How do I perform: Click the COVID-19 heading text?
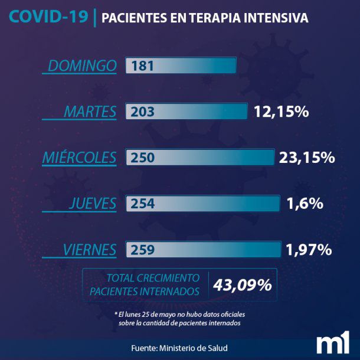tap(48, 17)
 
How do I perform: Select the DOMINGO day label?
tap(82, 66)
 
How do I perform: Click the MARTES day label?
tap(90, 111)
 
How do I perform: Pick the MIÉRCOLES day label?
tap(79, 158)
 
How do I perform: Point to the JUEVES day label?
tap(92, 204)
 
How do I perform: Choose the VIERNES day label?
tap(89, 250)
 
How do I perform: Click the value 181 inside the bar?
tap(143, 66)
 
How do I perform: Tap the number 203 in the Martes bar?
tap(143, 112)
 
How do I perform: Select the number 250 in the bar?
tap(143, 158)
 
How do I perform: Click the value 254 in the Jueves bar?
tap(143, 204)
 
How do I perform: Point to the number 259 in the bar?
tap(143, 250)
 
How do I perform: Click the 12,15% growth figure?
tap(282, 112)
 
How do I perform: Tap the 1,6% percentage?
tap(305, 204)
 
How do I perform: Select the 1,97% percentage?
tap(308, 250)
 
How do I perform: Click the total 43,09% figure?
tap(243, 285)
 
